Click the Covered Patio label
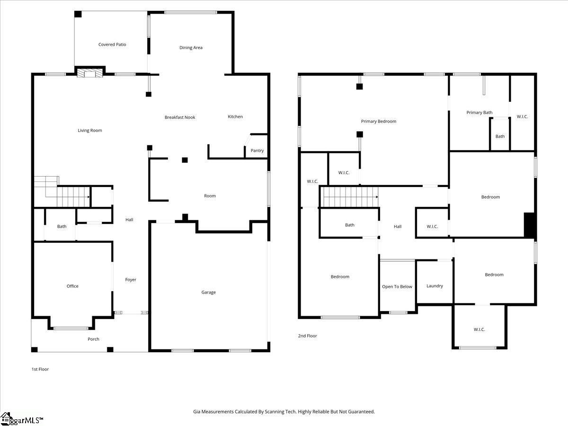tap(112, 44)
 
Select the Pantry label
tap(257, 151)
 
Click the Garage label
tap(208, 293)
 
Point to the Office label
tap(72, 286)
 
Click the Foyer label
tap(131, 280)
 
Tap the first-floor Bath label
tap(62, 226)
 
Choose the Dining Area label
tap(191, 47)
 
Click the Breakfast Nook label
tap(180, 117)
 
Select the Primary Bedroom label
tap(379, 122)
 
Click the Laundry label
tap(435, 286)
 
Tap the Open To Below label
tap(397, 287)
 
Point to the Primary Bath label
tap(479, 113)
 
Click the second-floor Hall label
tap(398, 227)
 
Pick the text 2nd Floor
tap(308, 336)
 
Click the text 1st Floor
tap(40, 369)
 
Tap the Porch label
tap(93, 339)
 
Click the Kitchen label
tap(235, 117)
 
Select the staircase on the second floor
tap(349, 197)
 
